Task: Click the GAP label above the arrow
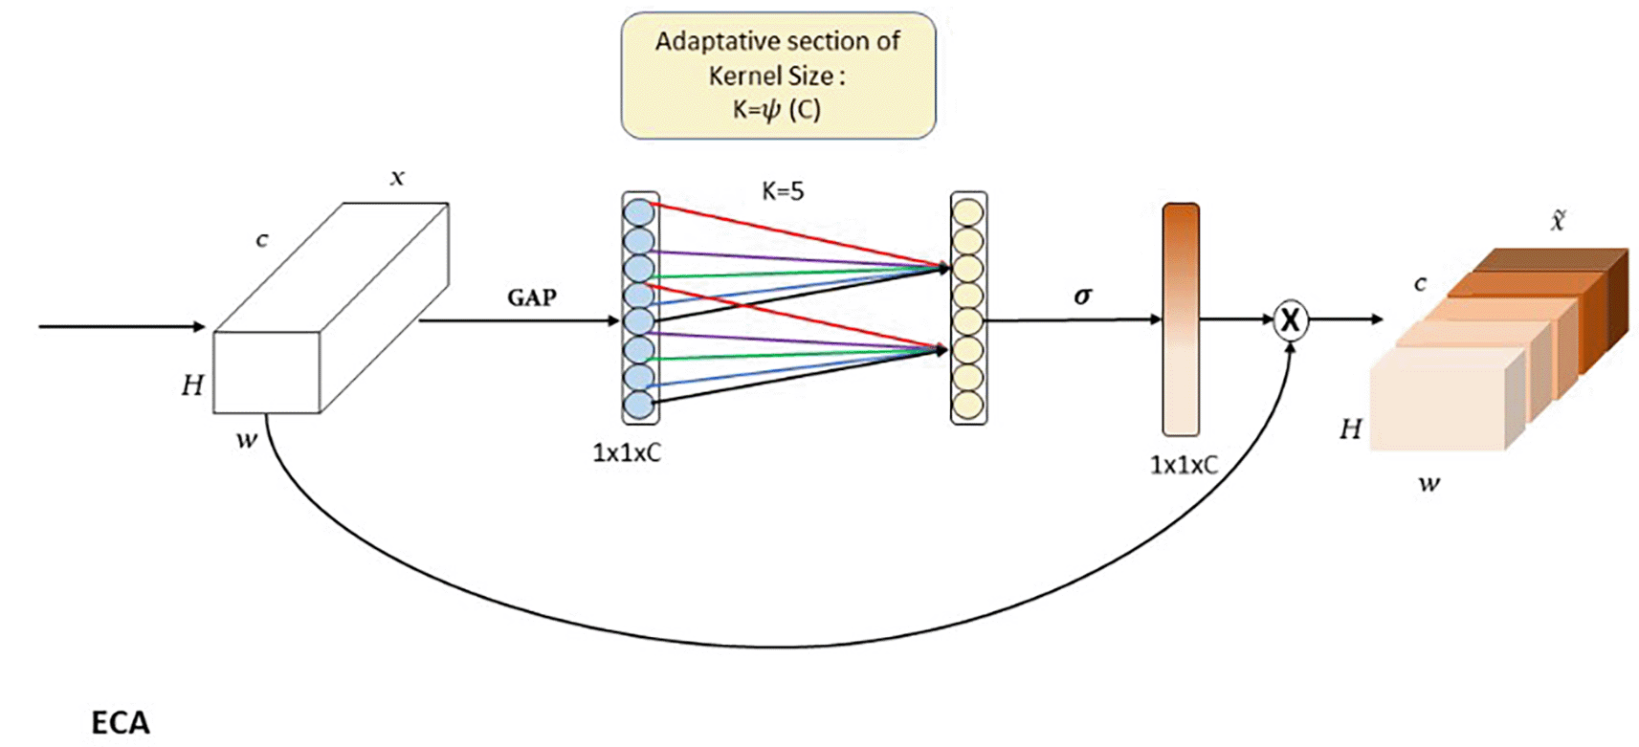532,297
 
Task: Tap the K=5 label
783,191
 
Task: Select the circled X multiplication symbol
1290,320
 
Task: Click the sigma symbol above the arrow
1082,296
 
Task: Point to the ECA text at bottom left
121,722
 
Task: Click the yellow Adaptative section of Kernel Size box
778,76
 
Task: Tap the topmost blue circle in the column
639,212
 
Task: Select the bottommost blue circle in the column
639,405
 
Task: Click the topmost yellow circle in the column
968,211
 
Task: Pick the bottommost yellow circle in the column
968,405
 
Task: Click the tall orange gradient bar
1181,319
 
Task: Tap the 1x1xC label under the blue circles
627,452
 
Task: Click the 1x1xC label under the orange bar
1184,465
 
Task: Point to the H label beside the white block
192,384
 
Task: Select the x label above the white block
397,178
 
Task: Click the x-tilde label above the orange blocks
1558,221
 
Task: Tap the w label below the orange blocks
1429,483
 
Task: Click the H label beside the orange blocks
1350,428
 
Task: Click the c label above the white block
262,240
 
